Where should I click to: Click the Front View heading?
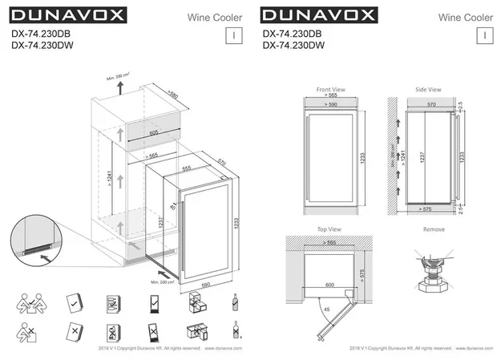(330, 89)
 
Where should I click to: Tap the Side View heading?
(429, 89)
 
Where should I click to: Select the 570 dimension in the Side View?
(431, 105)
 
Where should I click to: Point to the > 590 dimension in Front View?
(329, 105)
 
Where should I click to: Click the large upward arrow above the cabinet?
(121, 87)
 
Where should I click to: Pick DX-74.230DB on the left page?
(42, 34)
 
